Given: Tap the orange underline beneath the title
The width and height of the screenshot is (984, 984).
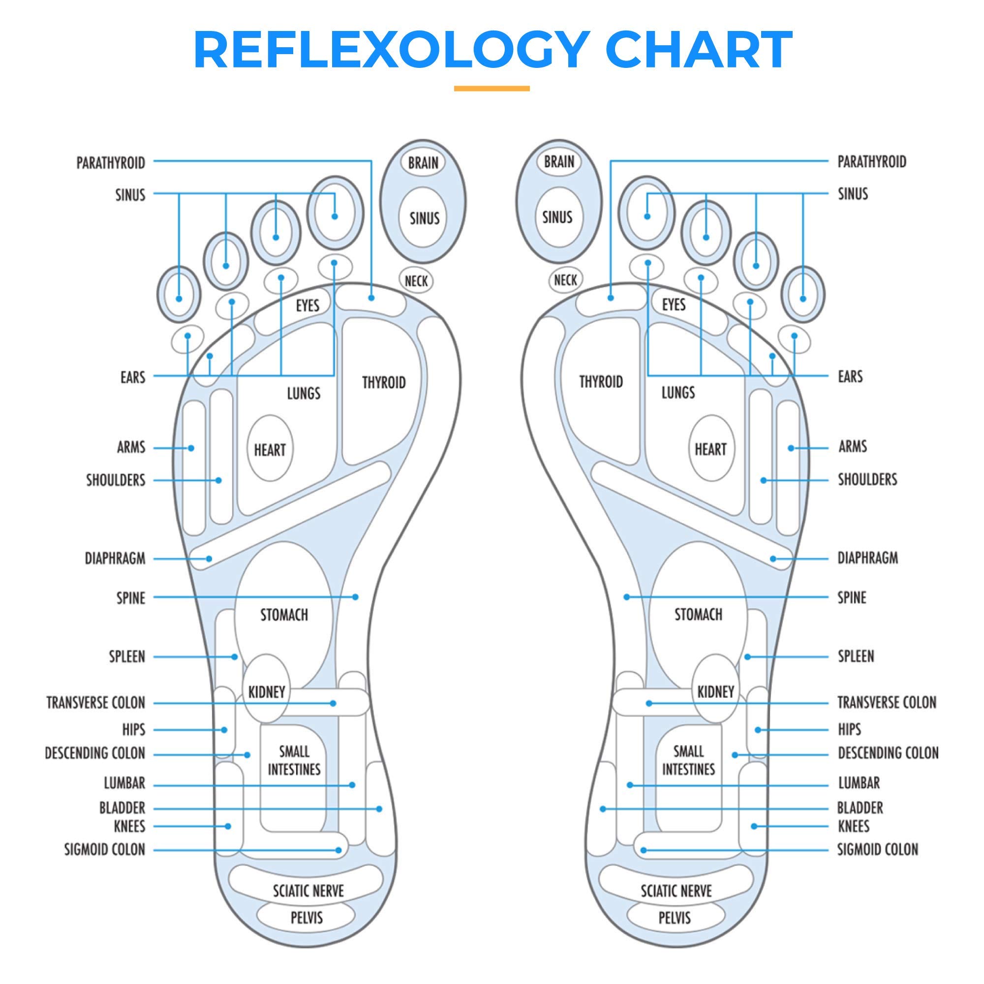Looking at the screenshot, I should click(x=492, y=89).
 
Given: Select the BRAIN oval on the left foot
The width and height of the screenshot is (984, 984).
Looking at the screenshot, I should click(x=423, y=162).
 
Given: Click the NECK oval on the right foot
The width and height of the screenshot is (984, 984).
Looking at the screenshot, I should click(x=565, y=279).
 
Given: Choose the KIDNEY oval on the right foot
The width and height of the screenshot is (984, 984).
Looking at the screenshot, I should click(x=715, y=692).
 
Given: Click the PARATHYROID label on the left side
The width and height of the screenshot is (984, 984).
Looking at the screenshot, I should click(x=111, y=163).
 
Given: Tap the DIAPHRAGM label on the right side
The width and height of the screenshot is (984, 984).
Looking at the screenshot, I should click(x=867, y=558).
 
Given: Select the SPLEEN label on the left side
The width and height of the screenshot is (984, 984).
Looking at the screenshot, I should click(x=127, y=656).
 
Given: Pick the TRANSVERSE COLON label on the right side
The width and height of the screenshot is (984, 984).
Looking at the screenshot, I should click(x=887, y=703).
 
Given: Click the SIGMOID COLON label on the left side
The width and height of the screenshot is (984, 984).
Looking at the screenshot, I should click(x=104, y=849).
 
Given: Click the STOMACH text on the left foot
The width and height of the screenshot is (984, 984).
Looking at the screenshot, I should click(x=284, y=615).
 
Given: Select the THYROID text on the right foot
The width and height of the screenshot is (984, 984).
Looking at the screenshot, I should click(x=601, y=381).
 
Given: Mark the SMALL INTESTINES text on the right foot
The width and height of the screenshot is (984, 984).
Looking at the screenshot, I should click(x=688, y=761).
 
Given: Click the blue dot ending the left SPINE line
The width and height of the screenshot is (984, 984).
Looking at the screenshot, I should click(x=356, y=597).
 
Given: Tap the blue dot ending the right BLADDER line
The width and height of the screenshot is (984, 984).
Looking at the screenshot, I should click(x=603, y=809).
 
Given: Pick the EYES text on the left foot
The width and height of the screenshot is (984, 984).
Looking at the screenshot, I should click(x=307, y=305).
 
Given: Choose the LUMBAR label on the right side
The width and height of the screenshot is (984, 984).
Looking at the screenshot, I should click(x=859, y=783).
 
